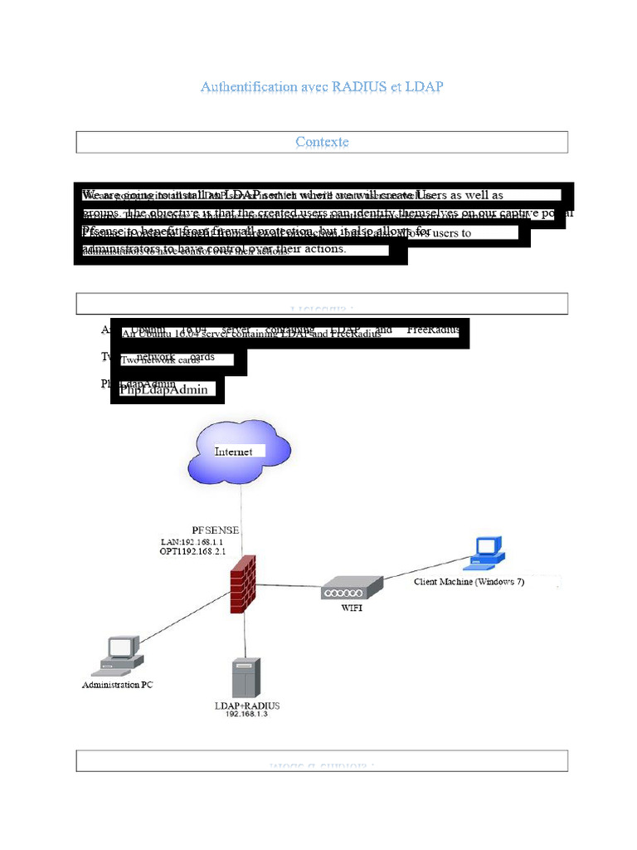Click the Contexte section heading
pos(322,142)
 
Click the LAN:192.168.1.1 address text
pos(192,540)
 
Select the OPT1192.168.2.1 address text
pos(192,550)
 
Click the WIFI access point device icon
pos(352,589)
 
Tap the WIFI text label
pos(352,608)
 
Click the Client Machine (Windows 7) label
pos(469,582)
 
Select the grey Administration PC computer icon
pos(119,654)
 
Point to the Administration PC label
pos(117,686)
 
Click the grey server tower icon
pos(246,677)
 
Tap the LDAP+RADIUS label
pos(246,706)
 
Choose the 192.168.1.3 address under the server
pos(246,715)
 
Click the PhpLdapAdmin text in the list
pos(164,389)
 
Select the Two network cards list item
pos(160,360)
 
